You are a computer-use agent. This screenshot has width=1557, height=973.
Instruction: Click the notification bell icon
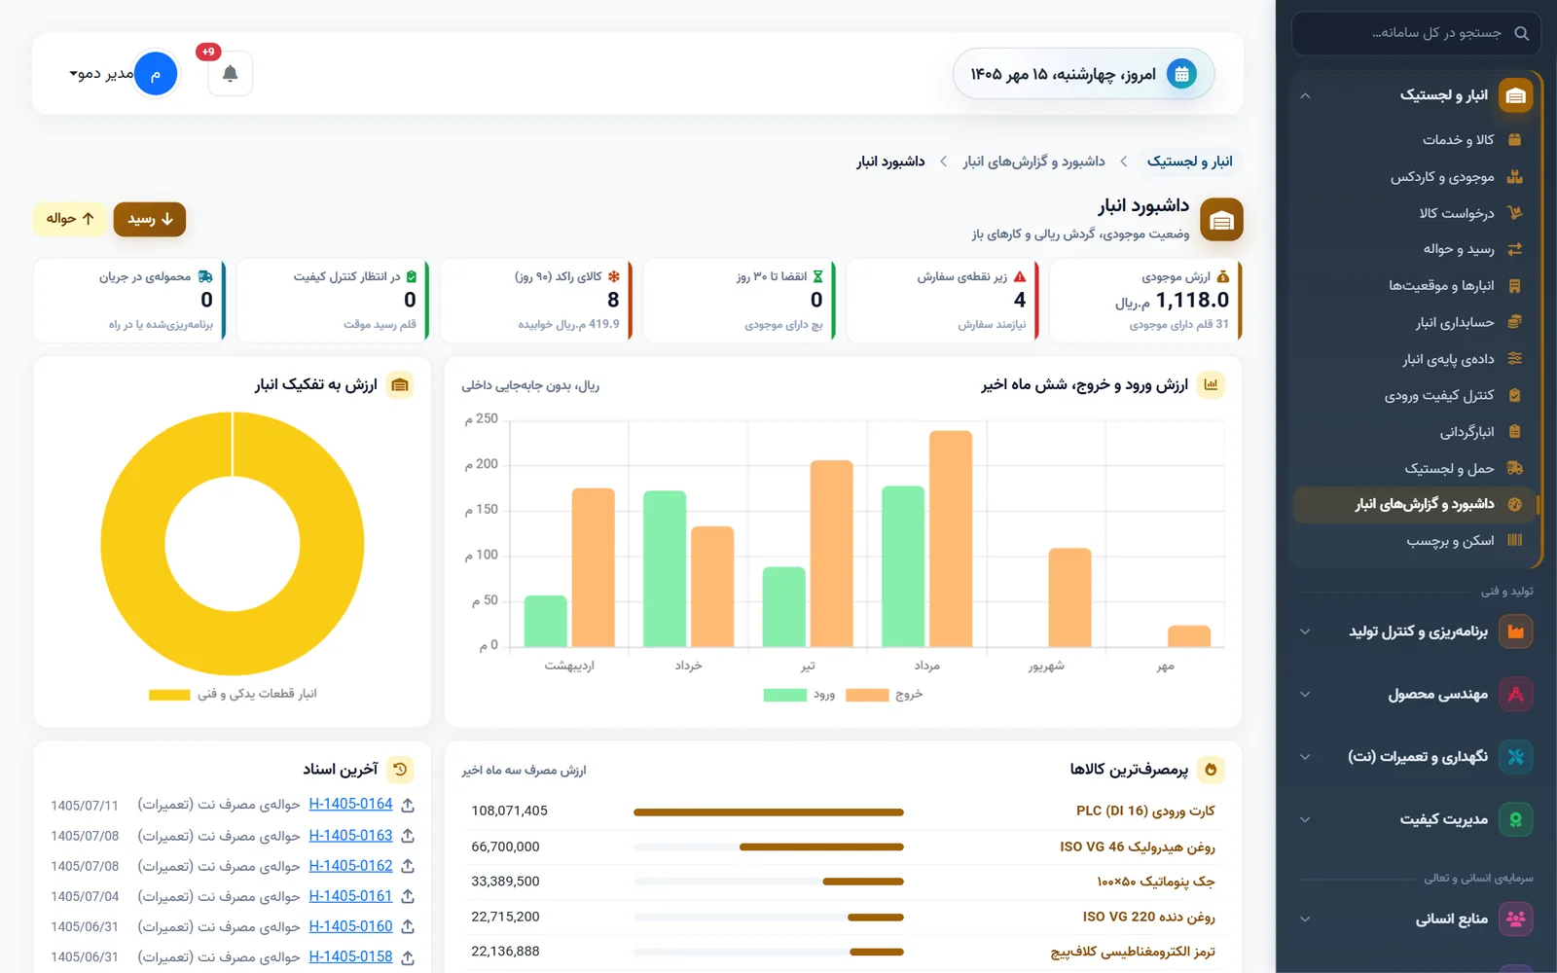pyautogui.click(x=230, y=73)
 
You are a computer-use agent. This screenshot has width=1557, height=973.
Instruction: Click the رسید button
pyautogui.click(x=150, y=219)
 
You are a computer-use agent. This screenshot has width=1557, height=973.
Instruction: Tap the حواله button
pyautogui.click(x=69, y=219)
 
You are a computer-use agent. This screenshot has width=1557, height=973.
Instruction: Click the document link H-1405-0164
pyautogui.click(x=350, y=804)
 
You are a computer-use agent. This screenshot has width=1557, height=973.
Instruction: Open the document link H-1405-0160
pyautogui.click(x=350, y=926)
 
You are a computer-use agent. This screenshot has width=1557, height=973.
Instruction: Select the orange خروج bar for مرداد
pyautogui.click(x=950, y=539)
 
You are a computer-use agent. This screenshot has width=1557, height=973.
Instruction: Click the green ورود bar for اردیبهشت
pyautogui.click(x=545, y=622)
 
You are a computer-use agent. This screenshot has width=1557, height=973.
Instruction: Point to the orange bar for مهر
pyautogui.click(x=1188, y=636)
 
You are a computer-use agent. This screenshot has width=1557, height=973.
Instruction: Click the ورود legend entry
pyautogui.click(x=799, y=695)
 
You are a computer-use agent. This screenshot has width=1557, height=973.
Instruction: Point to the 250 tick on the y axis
pyautogui.click(x=482, y=418)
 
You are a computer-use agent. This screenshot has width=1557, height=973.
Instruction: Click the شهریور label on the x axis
pyautogui.click(x=1046, y=666)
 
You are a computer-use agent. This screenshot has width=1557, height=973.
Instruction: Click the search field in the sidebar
pyautogui.click(x=1417, y=33)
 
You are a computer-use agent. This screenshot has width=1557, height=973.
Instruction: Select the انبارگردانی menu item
pyautogui.click(x=1467, y=432)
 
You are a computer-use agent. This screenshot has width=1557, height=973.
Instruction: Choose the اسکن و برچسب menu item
pyautogui.click(x=1451, y=541)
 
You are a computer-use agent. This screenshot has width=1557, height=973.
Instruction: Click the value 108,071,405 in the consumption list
pyautogui.click(x=510, y=811)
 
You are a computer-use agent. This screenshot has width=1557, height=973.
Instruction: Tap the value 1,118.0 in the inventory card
pyautogui.click(x=1192, y=300)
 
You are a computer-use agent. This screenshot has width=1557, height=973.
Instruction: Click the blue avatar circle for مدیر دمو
pyautogui.click(x=155, y=73)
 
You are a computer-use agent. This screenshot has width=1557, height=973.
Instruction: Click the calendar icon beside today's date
pyautogui.click(x=1181, y=74)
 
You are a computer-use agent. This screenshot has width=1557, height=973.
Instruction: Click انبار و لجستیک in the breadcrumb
pyautogui.click(x=1189, y=162)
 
